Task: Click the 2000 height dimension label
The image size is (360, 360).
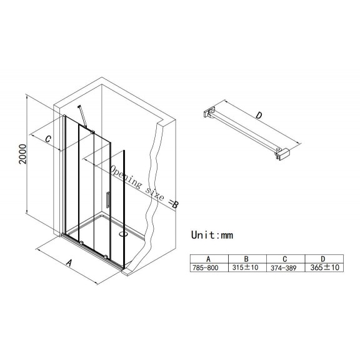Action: pos(22,154)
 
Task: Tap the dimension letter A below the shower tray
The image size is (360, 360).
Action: pos(69,262)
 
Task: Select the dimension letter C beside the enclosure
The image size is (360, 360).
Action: pos(48,139)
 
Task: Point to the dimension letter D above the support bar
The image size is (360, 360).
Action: pos(259,115)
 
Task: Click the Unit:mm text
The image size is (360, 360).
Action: pos(212,235)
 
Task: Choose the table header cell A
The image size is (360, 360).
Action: pos(208,259)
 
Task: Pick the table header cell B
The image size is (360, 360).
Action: pos(246,259)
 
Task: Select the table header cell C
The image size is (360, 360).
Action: pos(285,259)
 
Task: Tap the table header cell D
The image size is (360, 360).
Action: pos(323,259)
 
